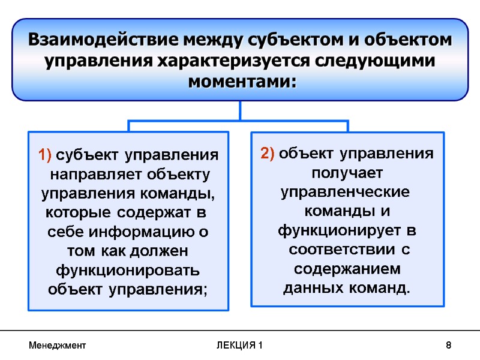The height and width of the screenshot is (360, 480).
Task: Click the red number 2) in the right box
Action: pos(268,154)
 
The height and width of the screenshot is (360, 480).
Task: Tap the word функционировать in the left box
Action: pos(128,270)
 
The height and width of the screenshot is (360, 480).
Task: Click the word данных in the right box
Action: pos(313,289)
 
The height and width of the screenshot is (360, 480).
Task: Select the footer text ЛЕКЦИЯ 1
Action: pos(240,346)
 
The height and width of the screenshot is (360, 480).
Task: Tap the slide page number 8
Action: pos(448,346)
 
